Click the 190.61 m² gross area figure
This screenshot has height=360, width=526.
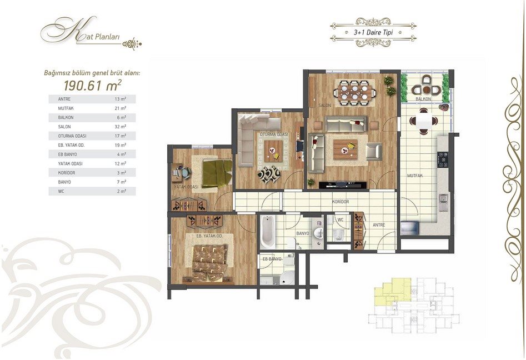pyautogui.click(x=92, y=86)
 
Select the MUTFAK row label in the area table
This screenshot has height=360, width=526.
pyautogui.click(x=66, y=108)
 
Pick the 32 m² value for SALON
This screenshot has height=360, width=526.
pyautogui.click(x=121, y=127)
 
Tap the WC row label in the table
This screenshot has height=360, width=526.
pyautogui.click(x=61, y=191)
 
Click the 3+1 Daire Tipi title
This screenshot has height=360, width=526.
pyautogui.click(x=373, y=33)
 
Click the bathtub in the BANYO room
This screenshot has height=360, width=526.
pyautogui.click(x=267, y=232)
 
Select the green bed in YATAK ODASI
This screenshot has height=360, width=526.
pyautogui.click(x=217, y=173)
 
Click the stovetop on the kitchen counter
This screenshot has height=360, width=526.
pyautogui.click(x=443, y=159)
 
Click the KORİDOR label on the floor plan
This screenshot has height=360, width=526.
pyautogui.click(x=340, y=202)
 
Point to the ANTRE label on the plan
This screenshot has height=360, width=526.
pyautogui.click(x=379, y=225)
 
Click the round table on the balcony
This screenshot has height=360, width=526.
pyautogui.click(x=427, y=89)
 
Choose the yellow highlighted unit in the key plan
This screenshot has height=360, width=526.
pyautogui.click(x=393, y=290)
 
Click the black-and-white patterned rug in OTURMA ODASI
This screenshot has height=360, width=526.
pyautogui.click(x=269, y=174)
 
